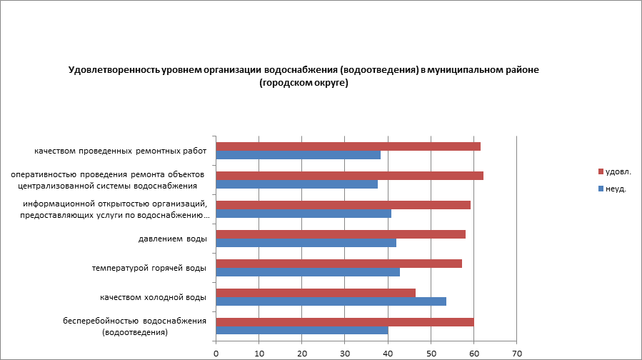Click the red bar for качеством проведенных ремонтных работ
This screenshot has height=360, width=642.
348,146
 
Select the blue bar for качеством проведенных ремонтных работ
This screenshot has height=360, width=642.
298,155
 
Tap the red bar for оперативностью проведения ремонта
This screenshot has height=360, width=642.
349,176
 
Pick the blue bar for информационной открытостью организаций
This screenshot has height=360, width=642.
304,214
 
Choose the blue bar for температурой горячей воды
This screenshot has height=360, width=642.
308,272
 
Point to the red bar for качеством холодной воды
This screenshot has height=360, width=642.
316,292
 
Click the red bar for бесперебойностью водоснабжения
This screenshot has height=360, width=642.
344,321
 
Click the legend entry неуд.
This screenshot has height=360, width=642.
616,189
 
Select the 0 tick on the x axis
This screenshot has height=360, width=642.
216,352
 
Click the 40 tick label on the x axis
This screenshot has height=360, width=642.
388,352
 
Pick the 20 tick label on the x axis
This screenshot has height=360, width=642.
302,352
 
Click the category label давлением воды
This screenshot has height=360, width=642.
171,239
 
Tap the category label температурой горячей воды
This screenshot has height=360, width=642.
149,268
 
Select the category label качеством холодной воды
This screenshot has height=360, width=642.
153,297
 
